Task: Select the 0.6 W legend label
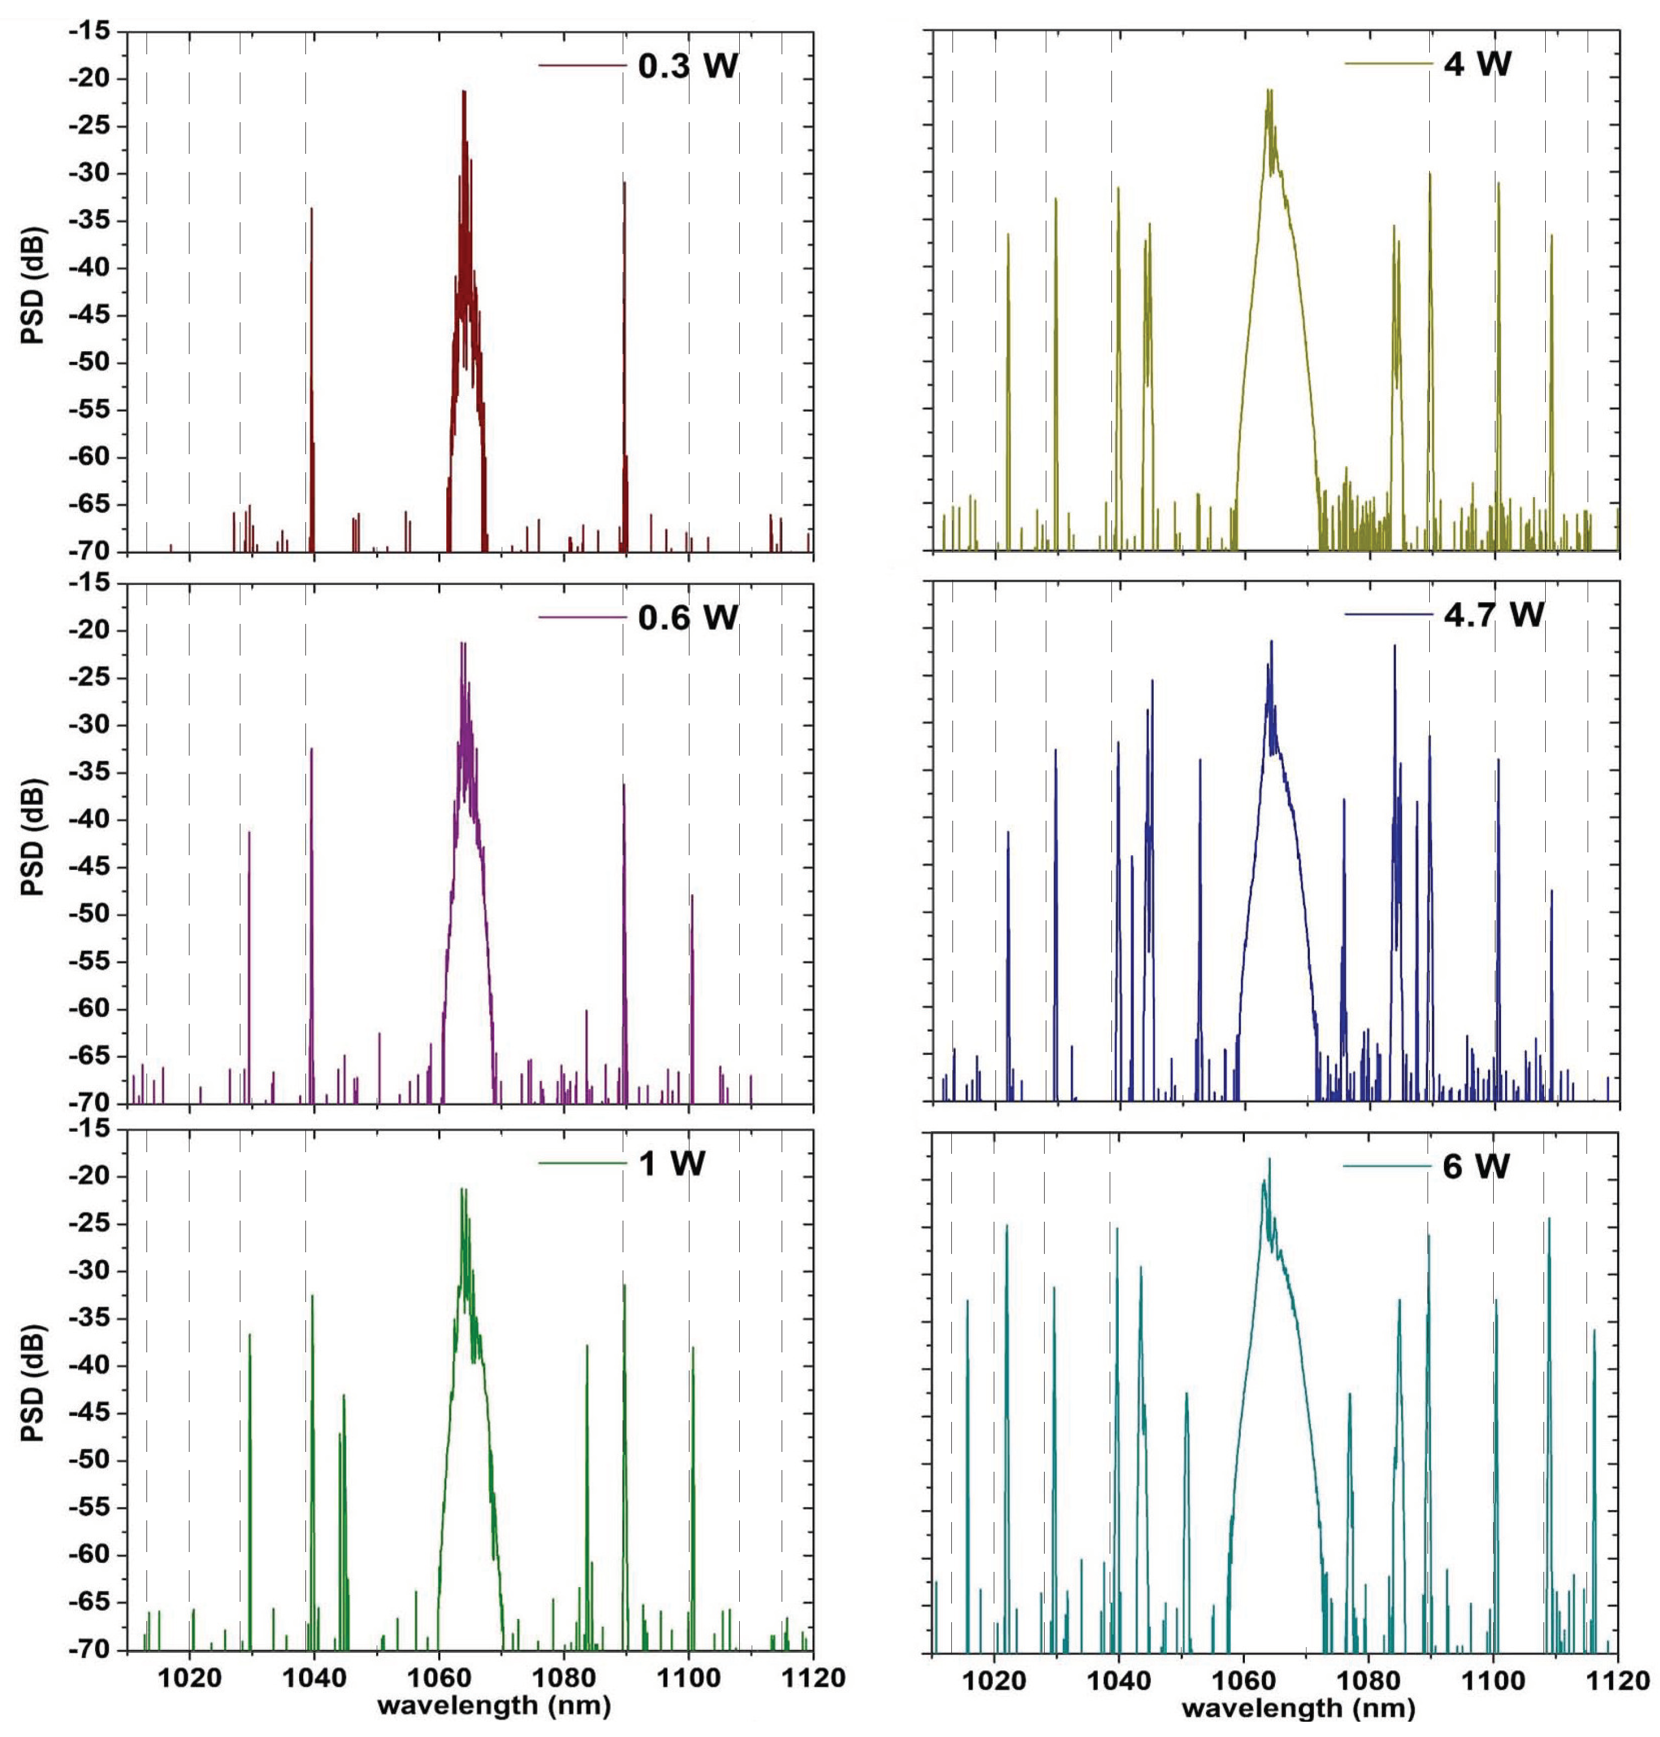click(688, 618)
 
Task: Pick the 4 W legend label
click(1478, 64)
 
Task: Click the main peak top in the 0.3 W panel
click(463, 93)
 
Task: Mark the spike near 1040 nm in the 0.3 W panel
click(312, 210)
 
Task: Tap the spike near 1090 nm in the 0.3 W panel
click(624, 184)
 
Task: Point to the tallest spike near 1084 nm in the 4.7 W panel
click(1395, 648)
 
